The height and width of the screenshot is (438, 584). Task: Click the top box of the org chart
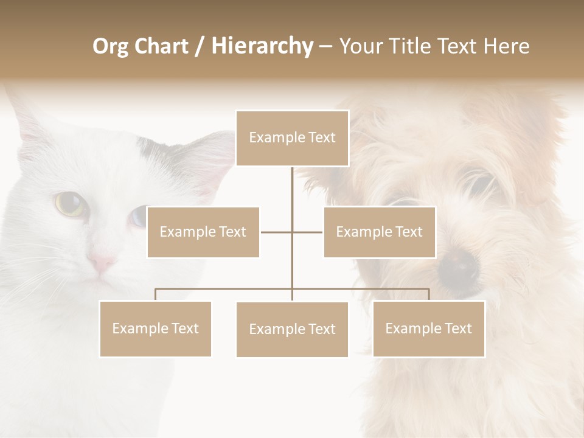coord(292,138)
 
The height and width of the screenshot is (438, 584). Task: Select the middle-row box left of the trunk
coord(203,232)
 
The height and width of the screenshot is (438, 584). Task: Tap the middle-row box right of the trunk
coord(379,232)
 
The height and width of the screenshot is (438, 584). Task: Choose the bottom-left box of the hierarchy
coord(156,328)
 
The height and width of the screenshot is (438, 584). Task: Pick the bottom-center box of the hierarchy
coord(292,329)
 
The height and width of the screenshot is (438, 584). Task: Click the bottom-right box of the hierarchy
coord(428,328)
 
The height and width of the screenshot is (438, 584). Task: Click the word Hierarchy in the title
coord(262,46)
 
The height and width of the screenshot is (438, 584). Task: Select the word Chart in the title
coord(162,46)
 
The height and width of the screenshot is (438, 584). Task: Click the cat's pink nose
coord(101,263)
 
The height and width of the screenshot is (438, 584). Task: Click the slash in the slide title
coord(200,46)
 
